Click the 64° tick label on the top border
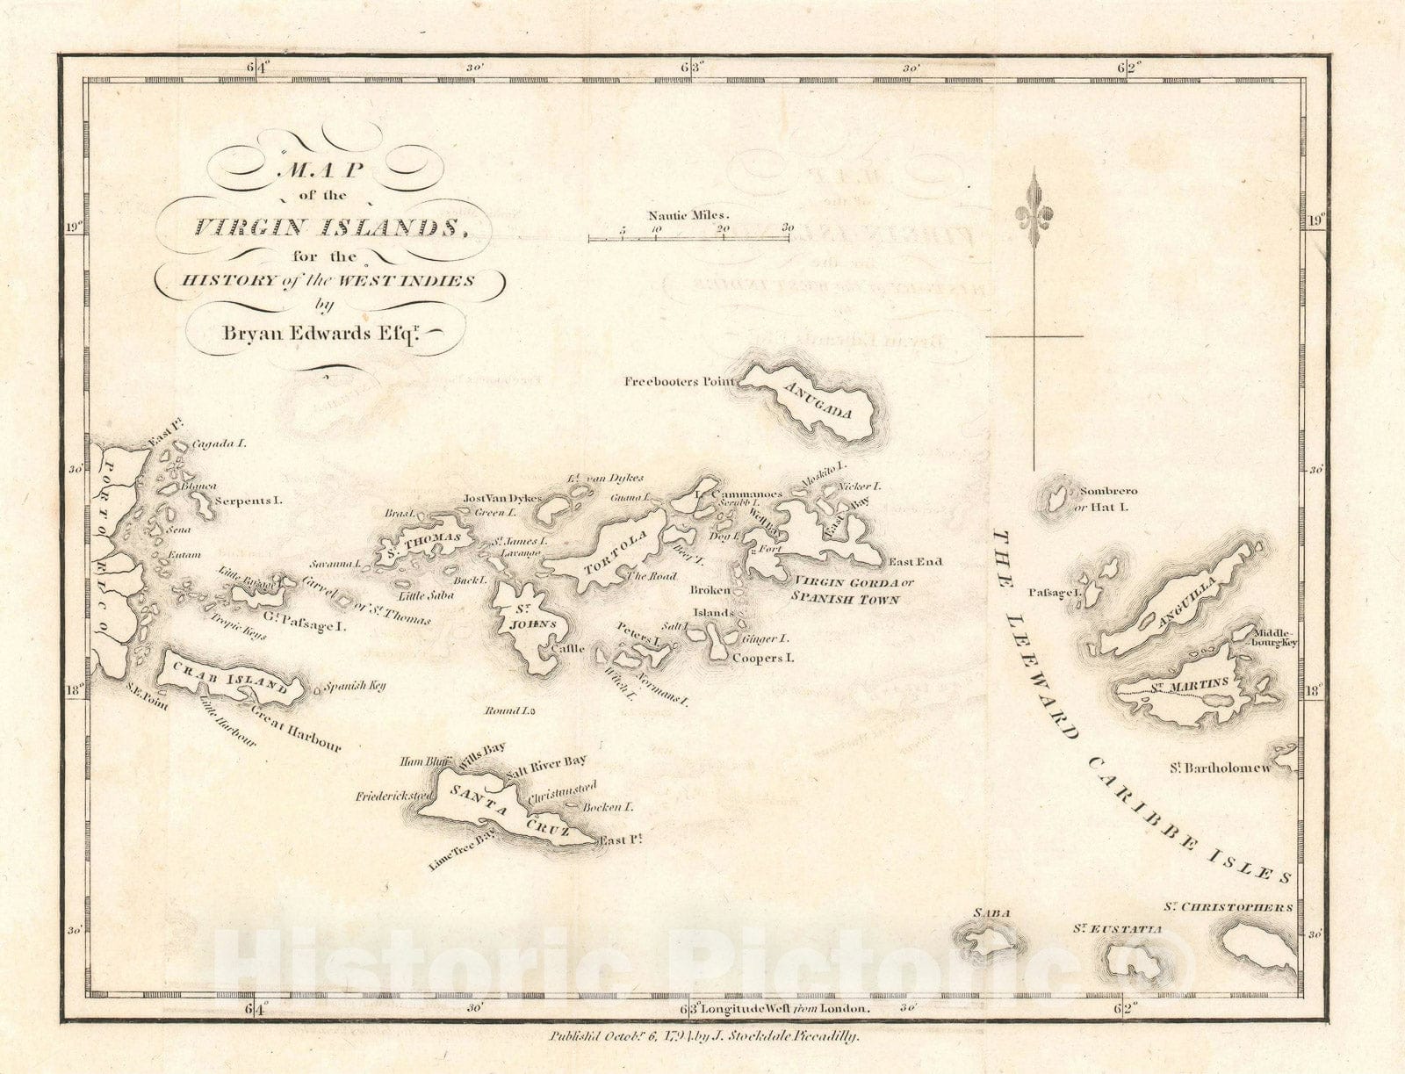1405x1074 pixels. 261,67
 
